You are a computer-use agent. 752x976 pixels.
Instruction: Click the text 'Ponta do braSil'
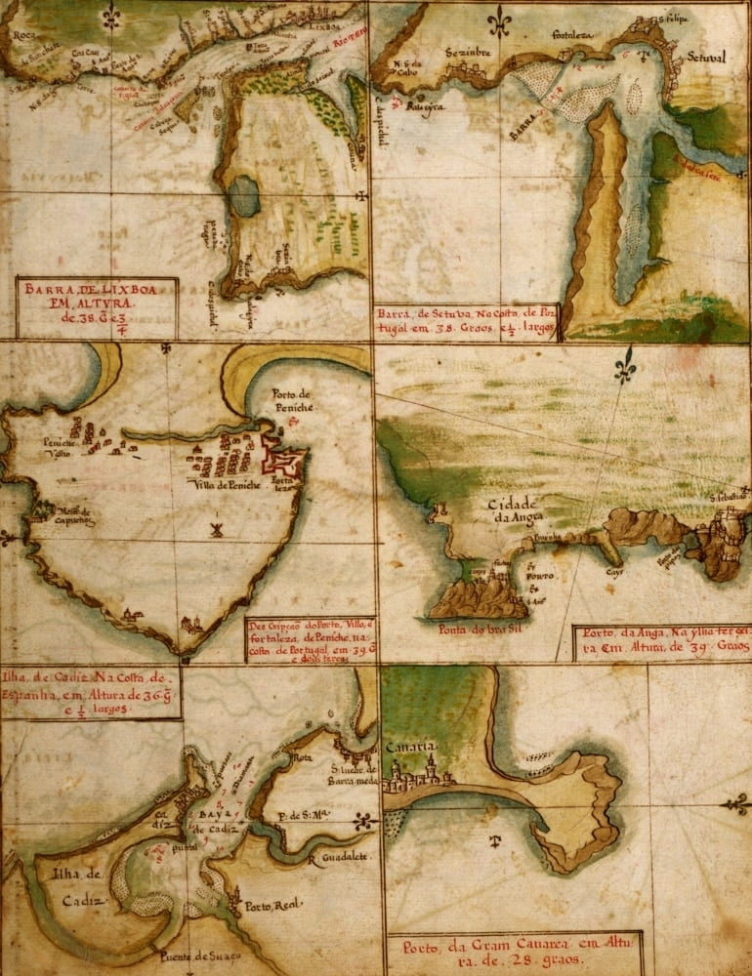tap(478, 630)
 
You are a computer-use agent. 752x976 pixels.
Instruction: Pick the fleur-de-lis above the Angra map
tap(624, 369)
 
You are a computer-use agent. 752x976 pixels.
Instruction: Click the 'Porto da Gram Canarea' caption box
tap(513, 953)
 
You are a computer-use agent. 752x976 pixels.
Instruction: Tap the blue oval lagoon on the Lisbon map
tap(244, 196)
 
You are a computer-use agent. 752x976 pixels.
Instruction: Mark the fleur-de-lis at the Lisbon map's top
tap(113, 14)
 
